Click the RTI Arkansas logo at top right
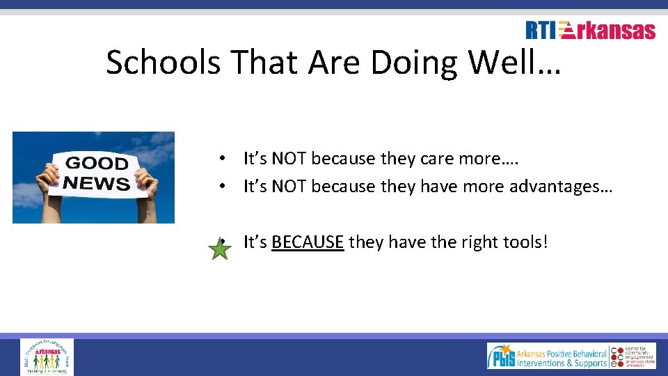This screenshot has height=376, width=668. (x=590, y=30)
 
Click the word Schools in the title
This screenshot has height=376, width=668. (x=164, y=63)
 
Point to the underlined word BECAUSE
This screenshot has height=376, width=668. (x=308, y=242)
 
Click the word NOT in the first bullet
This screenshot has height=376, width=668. (x=289, y=159)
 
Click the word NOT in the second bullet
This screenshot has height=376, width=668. (x=289, y=187)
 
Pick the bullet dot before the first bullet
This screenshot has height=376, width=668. (x=220, y=159)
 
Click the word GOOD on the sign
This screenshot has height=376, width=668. (x=97, y=164)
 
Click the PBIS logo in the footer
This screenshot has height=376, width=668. (x=546, y=356)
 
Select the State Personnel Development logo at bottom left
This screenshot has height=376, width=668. (x=47, y=357)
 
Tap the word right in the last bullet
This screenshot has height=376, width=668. (x=470, y=242)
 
